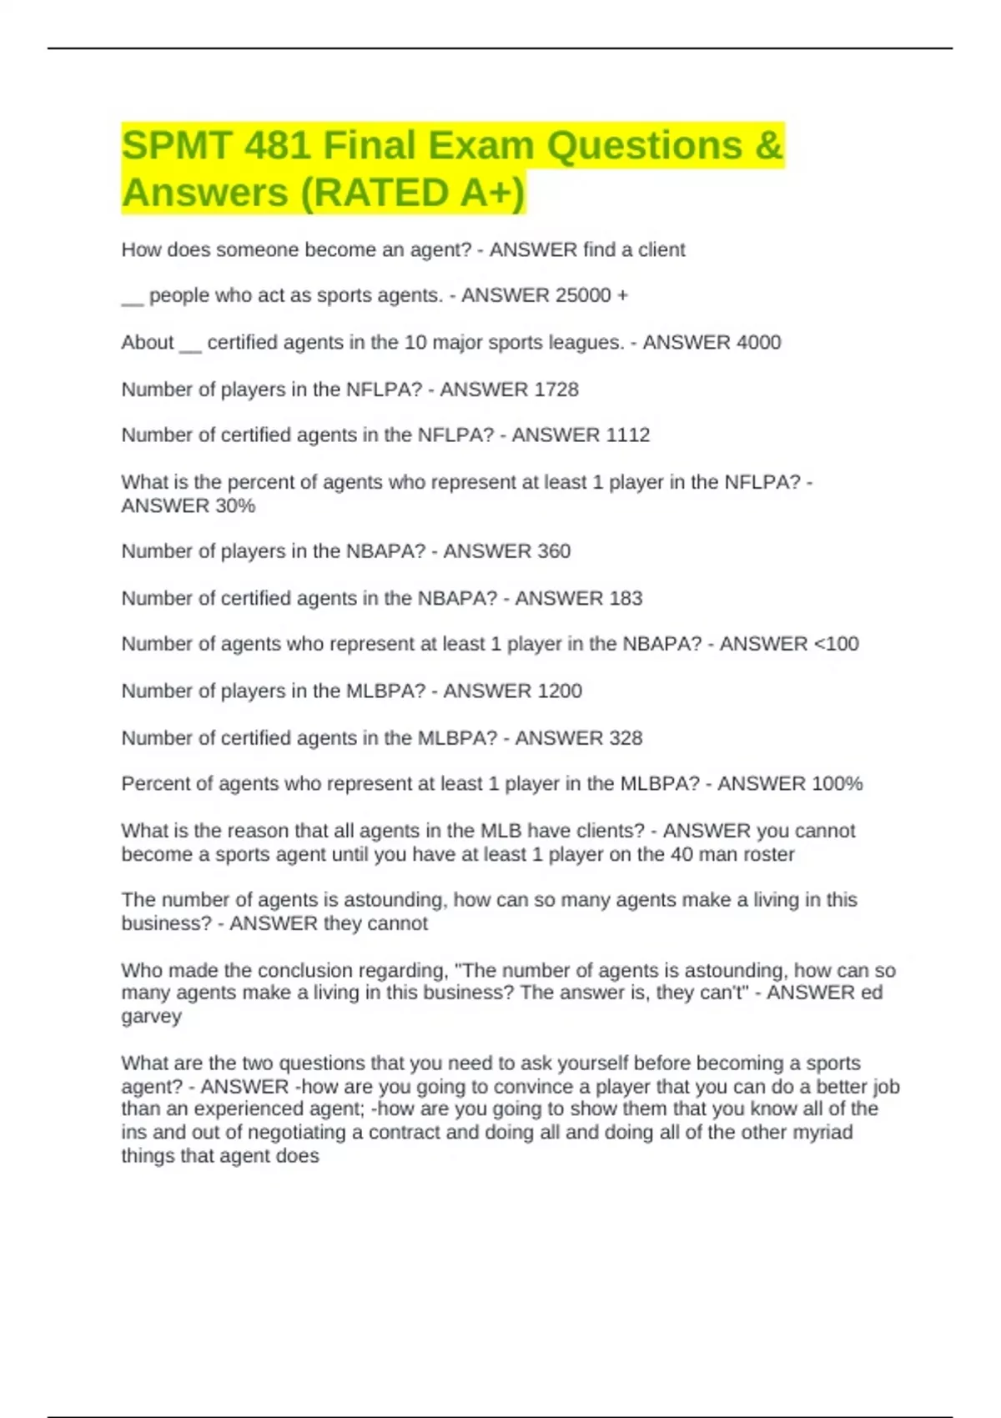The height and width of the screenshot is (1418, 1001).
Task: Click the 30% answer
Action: pos(234,505)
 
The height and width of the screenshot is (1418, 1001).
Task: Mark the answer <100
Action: pos(836,644)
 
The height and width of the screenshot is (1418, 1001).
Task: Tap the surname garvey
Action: pos(151,1016)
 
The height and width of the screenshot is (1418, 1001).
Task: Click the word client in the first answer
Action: pos(661,249)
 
